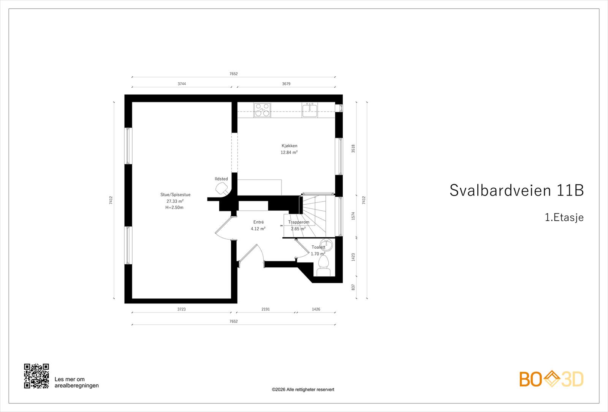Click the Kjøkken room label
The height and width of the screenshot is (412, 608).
[289, 146]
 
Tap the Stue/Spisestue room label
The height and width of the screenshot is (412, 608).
[175, 195]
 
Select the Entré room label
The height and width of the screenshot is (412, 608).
[258, 222]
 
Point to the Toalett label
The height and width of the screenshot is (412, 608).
[318, 247]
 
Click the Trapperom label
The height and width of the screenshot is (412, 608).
[299, 222]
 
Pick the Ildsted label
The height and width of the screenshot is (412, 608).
[221, 179]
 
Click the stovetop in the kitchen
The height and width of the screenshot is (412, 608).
[262, 110]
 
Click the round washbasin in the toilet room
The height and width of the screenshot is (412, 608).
[326, 245]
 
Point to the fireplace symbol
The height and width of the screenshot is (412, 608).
[222, 188]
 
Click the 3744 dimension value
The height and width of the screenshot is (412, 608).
[182, 84]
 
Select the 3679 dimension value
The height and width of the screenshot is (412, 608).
[286, 84]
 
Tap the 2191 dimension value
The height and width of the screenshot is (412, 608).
[266, 309]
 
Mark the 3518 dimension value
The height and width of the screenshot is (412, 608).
[353, 148]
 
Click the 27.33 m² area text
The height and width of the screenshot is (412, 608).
[175, 201]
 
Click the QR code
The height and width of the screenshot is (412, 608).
[36, 376]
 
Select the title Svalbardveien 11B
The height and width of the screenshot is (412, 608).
[516, 190]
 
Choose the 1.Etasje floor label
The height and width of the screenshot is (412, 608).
[564, 218]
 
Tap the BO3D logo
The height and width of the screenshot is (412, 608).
[551, 379]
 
